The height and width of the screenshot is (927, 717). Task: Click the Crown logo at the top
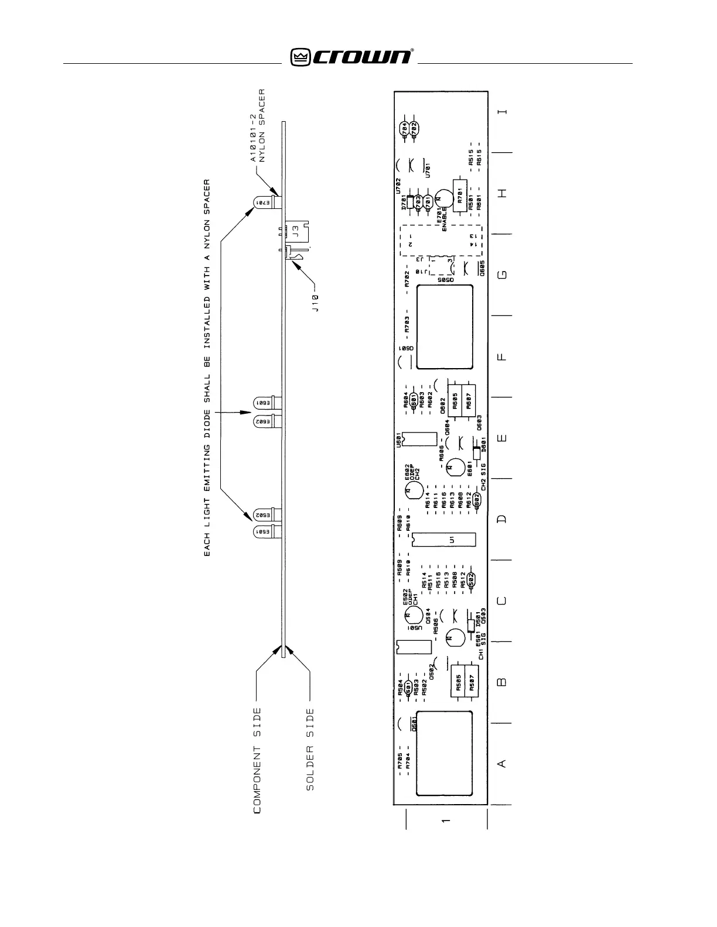352,57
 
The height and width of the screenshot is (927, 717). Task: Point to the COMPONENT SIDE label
257,761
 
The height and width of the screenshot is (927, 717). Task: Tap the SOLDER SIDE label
310,750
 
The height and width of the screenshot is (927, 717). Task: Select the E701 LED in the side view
263,202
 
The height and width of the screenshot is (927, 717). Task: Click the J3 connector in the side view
295,231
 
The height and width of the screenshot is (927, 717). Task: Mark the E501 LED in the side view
264,532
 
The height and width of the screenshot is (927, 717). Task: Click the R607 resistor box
469,401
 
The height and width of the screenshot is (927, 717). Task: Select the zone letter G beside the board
503,274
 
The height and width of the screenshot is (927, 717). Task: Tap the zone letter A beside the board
502,763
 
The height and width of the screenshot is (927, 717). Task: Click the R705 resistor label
400,761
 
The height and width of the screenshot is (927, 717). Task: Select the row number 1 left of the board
446,821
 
